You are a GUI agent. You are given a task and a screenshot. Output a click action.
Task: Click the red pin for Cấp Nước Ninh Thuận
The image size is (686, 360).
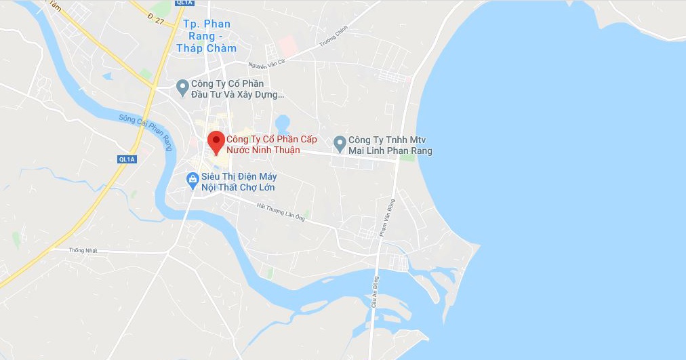pyautogui.click(x=216, y=142)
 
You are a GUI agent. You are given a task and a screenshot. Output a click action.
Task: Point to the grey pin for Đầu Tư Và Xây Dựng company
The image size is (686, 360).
pyautogui.click(x=182, y=87)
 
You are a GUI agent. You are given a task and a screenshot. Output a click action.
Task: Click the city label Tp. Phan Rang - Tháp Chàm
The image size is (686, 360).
pyautogui.click(x=207, y=36)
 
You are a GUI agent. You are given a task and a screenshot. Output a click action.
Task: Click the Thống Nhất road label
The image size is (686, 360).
pyautogui.click(x=83, y=250)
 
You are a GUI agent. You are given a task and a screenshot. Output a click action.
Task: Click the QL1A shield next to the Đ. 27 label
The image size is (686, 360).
pyautogui.click(x=184, y=3)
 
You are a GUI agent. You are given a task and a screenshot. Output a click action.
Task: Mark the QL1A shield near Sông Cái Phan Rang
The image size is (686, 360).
pyautogui.click(x=127, y=159)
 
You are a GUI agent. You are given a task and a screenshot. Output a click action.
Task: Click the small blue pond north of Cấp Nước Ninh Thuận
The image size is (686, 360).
pyautogui.click(x=283, y=123)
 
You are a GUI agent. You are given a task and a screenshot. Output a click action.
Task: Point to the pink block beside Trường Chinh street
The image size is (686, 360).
pyautogui.click(x=287, y=45)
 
